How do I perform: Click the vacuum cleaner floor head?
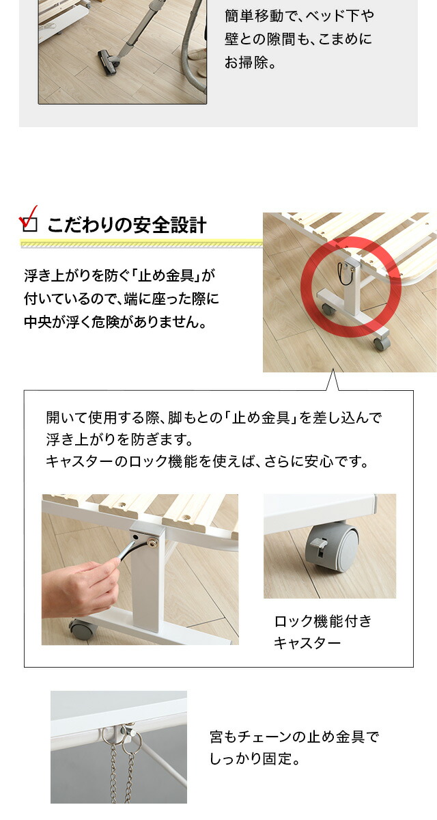tap(109, 63)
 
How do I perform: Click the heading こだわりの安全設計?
tap(126, 225)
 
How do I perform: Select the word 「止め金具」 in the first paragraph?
tap(167, 275)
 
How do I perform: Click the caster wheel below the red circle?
tap(382, 344)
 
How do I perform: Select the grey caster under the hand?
tap(83, 629)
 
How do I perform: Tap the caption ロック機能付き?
tap(323, 621)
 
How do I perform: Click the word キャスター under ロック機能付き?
tap(307, 643)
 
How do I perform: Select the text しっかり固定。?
tap(255, 758)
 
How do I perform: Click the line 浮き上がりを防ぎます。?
tap(119, 439)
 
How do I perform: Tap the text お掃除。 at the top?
tap(250, 62)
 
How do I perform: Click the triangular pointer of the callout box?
tap(333, 380)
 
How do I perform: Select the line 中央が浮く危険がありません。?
tap(115, 322)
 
